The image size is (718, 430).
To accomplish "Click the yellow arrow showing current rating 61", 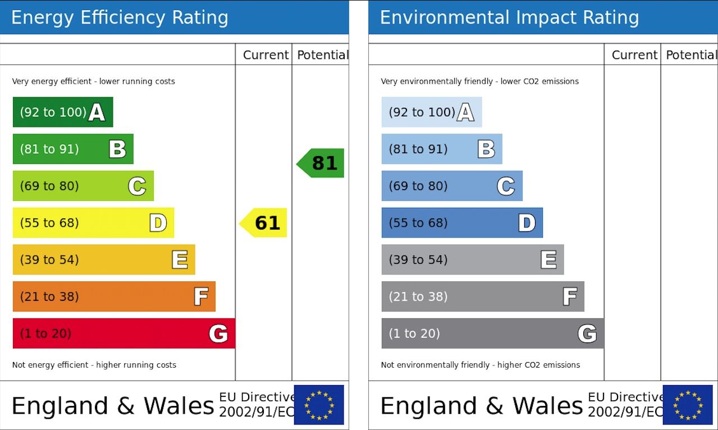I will pos(264,223).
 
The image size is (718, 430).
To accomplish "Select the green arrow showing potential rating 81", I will pos(321,163).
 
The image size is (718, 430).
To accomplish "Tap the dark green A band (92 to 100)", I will pos(62,112).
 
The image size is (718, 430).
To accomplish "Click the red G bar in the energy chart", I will pos(124,333).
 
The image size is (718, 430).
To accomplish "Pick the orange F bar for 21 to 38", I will pos(113,296).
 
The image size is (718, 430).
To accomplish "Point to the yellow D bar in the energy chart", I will pos(93,223).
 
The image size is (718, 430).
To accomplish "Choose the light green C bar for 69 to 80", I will pos(83,186).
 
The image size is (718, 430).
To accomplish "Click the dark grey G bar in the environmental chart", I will pos(492,333).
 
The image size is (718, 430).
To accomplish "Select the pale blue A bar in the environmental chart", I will pos(431,112).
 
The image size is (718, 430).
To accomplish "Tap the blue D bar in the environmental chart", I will pos(461,223).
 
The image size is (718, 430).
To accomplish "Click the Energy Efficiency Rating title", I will pos(120,17).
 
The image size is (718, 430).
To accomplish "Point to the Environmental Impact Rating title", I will pos(509,17).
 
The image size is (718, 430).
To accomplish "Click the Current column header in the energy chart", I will pos(266,55).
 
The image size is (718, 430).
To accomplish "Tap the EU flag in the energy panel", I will pos(319,404).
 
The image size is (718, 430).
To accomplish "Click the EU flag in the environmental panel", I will pos(688,404).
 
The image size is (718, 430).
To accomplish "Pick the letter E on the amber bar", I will pos(180,259).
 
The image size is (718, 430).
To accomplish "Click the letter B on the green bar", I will pos(117,149).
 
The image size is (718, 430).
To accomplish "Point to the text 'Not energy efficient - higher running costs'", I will pos(94,365).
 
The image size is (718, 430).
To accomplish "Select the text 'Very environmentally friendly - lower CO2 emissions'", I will pos(479,81).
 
